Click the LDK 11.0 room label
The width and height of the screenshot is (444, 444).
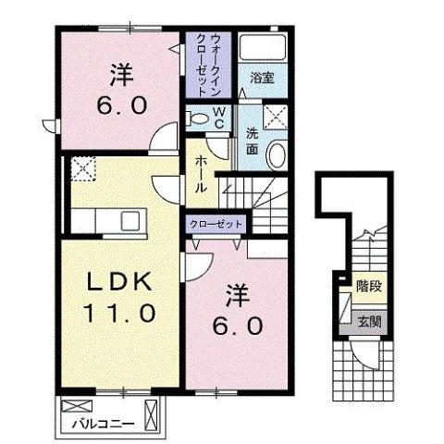click(x=121, y=295)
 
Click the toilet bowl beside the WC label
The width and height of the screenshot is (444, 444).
click(x=195, y=117)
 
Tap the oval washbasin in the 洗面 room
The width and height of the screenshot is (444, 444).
click(x=277, y=155)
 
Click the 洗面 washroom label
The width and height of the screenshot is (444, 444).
click(x=251, y=139)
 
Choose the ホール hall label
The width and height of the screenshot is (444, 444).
click(x=200, y=173)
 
